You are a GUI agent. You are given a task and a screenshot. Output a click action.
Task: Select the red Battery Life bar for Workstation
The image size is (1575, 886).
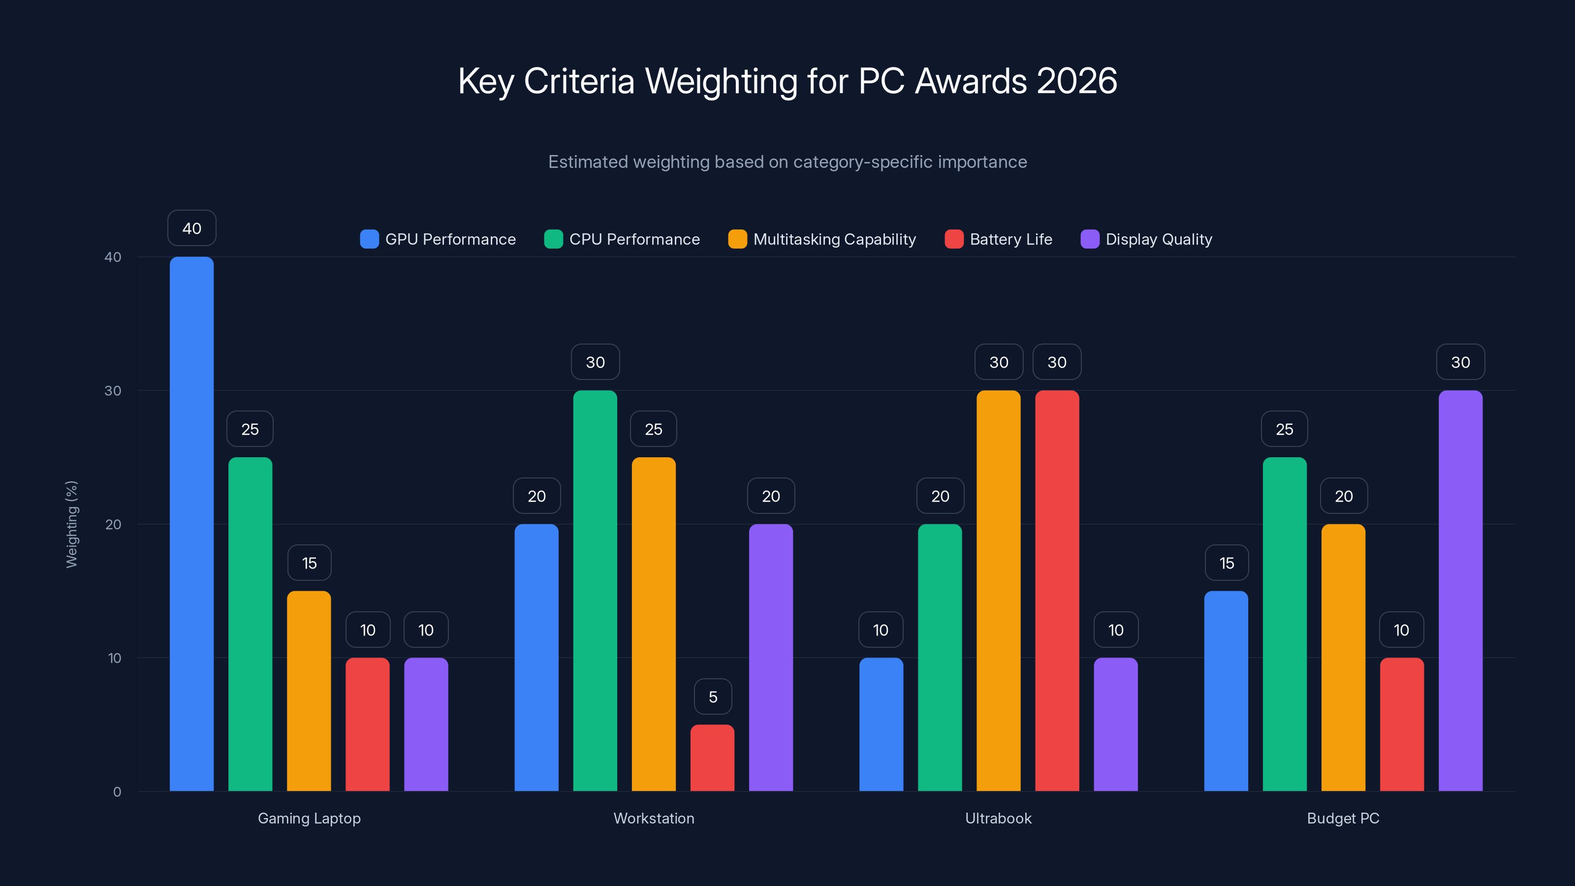coord(712,758)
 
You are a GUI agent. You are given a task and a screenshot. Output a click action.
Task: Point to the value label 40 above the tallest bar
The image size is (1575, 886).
coord(191,228)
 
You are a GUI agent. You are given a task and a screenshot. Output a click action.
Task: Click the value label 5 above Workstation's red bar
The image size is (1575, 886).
coord(713,696)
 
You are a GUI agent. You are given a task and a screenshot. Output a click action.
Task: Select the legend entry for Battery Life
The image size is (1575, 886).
coord(999,239)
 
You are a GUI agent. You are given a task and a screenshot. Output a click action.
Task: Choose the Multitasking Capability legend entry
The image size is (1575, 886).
coord(822,239)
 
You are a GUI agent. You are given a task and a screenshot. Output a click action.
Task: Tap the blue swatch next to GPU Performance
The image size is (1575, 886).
coord(369,239)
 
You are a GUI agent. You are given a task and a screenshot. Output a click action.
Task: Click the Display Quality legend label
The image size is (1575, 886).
coord(1159,239)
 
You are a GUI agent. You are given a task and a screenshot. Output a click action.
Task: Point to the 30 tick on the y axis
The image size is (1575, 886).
coord(113,391)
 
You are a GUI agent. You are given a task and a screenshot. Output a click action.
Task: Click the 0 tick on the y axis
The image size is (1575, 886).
coord(117,792)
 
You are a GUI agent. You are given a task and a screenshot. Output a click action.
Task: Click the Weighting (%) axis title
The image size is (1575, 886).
coord(71,524)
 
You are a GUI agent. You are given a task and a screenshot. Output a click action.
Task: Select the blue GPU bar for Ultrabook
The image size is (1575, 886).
coord(881,724)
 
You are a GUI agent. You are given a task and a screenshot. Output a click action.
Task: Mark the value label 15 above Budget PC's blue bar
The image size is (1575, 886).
coord(1227,563)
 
